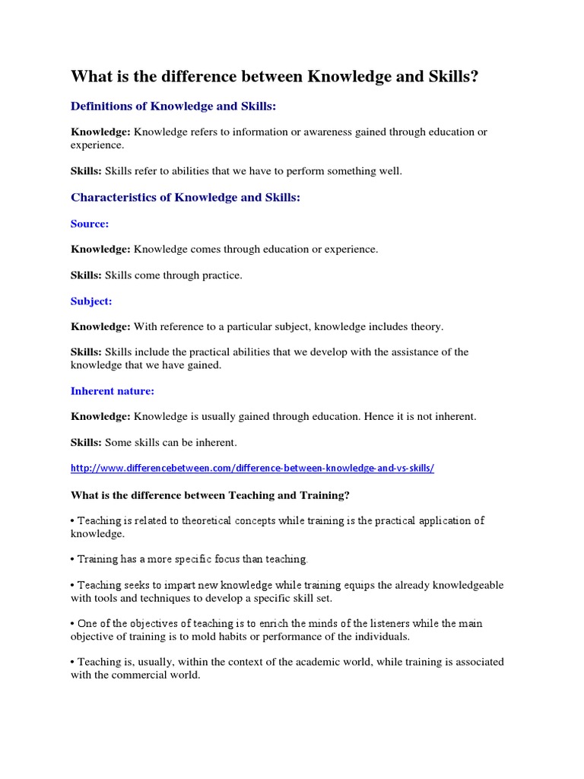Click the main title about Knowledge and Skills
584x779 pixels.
click(275, 76)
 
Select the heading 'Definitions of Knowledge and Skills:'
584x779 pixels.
click(173, 106)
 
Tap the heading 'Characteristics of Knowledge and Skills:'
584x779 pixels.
click(186, 197)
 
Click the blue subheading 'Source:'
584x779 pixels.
click(90, 224)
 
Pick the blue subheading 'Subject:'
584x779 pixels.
click(91, 301)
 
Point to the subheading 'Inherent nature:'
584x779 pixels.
click(113, 391)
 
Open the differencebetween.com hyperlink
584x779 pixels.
click(252, 469)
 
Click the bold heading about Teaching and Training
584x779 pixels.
click(211, 495)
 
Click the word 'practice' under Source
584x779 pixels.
click(221, 275)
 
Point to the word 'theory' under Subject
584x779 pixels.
click(424, 326)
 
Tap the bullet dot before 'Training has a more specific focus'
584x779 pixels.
click(73, 559)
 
